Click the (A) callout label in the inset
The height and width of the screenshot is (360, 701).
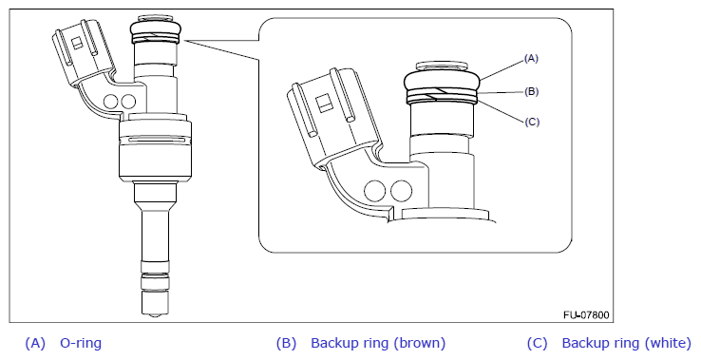(531, 59)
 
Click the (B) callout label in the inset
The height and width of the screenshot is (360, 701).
(531, 92)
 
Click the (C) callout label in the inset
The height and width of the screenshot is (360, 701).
(532, 122)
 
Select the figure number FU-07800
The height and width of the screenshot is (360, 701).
(586, 315)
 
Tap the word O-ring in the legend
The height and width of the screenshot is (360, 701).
(81, 343)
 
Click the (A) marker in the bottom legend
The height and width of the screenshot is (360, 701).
(35, 343)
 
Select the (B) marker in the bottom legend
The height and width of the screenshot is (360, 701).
(286, 343)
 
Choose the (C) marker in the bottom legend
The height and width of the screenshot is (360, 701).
(537, 343)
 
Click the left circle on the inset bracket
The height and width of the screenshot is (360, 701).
(374, 191)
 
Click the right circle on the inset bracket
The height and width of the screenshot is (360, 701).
(401, 191)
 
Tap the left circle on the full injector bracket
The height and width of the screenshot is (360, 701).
(110, 102)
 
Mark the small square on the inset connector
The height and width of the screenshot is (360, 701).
(323, 105)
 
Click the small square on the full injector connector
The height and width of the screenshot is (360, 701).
(77, 43)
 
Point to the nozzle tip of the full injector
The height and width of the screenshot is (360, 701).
(155, 314)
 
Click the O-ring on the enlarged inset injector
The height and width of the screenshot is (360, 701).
(442, 80)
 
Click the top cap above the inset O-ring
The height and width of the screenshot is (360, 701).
(442, 66)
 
